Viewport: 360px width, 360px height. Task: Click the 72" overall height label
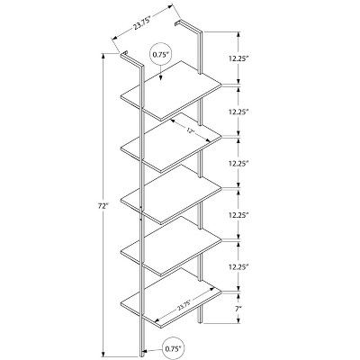(103, 206)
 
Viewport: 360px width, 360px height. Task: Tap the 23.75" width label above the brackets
(141, 22)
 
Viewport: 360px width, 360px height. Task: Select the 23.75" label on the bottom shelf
(184, 304)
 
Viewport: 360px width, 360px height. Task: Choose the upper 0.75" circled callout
(161, 54)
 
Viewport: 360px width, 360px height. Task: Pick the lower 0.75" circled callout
(173, 349)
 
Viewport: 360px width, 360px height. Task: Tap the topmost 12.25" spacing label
(238, 58)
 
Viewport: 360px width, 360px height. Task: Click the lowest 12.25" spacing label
(238, 266)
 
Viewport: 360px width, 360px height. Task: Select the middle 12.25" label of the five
(238, 164)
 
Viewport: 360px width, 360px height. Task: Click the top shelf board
(171, 91)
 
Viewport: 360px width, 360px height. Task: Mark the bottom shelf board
(171, 297)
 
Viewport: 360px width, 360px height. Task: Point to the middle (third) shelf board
(171, 194)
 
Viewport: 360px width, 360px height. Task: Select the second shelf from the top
(171, 142)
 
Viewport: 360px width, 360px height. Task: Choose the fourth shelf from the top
(171, 246)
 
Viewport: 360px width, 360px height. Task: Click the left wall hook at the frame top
(124, 54)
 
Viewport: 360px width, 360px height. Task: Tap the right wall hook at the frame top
(178, 22)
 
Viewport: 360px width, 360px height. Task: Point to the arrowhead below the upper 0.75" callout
(161, 77)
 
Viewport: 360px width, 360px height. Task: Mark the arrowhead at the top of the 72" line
(103, 57)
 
